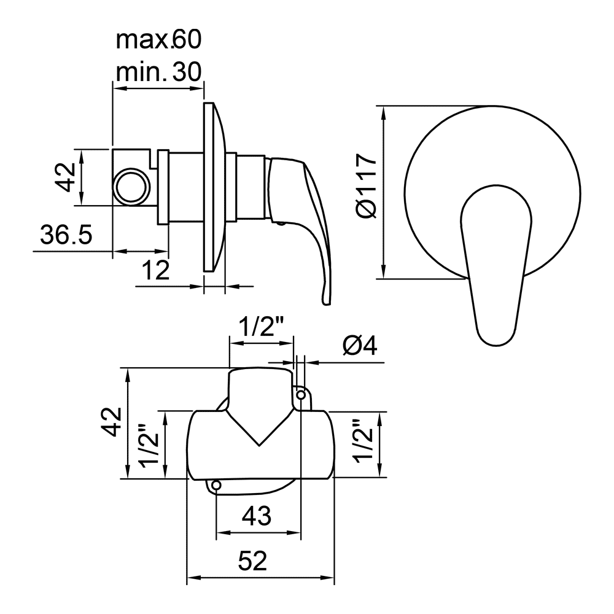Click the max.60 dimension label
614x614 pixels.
(x=158, y=40)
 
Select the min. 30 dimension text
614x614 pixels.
(x=158, y=72)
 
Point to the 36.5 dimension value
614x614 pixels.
(x=66, y=235)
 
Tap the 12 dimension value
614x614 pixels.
(x=156, y=270)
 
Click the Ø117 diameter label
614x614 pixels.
(x=367, y=185)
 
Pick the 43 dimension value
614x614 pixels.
(x=257, y=515)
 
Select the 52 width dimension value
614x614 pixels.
(x=252, y=561)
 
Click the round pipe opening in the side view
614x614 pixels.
(x=132, y=186)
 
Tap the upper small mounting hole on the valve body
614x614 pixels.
(x=301, y=395)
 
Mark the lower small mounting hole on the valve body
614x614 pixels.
(x=216, y=486)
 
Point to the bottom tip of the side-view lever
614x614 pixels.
(x=327, y=304)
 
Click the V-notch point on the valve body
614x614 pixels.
(x=259, y=446)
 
